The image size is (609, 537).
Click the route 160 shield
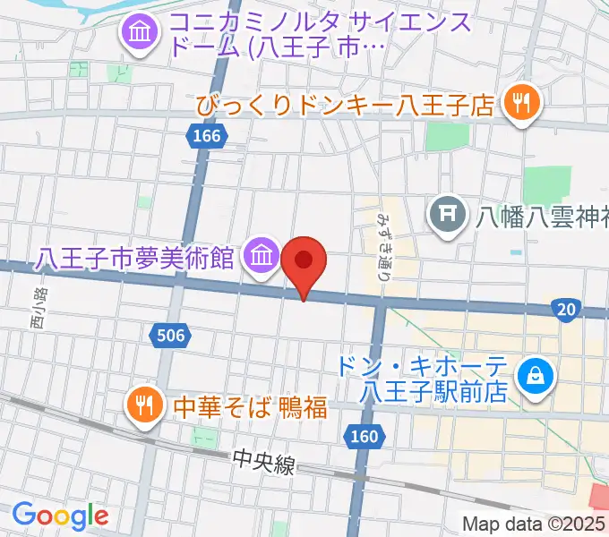click(x=364, y=437)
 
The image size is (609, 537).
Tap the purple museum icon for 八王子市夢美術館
click(x=261, y=257)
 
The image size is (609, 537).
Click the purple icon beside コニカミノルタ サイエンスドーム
click(x=140, y=34)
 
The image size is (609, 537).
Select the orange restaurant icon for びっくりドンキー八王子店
click(x=519, y=105)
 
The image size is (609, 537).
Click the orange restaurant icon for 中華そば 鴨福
click(x=142, y=405)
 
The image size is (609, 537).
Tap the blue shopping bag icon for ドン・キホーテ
click(x=535, y=376)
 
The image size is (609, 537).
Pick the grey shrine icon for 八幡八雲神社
click(x=445, y=214)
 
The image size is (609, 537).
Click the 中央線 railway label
click(x=262, y=464)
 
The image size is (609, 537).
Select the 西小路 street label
click(x=37, y=308)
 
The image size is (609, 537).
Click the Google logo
click(x=60, y=516)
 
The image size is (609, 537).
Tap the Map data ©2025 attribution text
click(x=534, y=524)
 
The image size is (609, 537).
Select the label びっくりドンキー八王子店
click(x=347, y=106)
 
